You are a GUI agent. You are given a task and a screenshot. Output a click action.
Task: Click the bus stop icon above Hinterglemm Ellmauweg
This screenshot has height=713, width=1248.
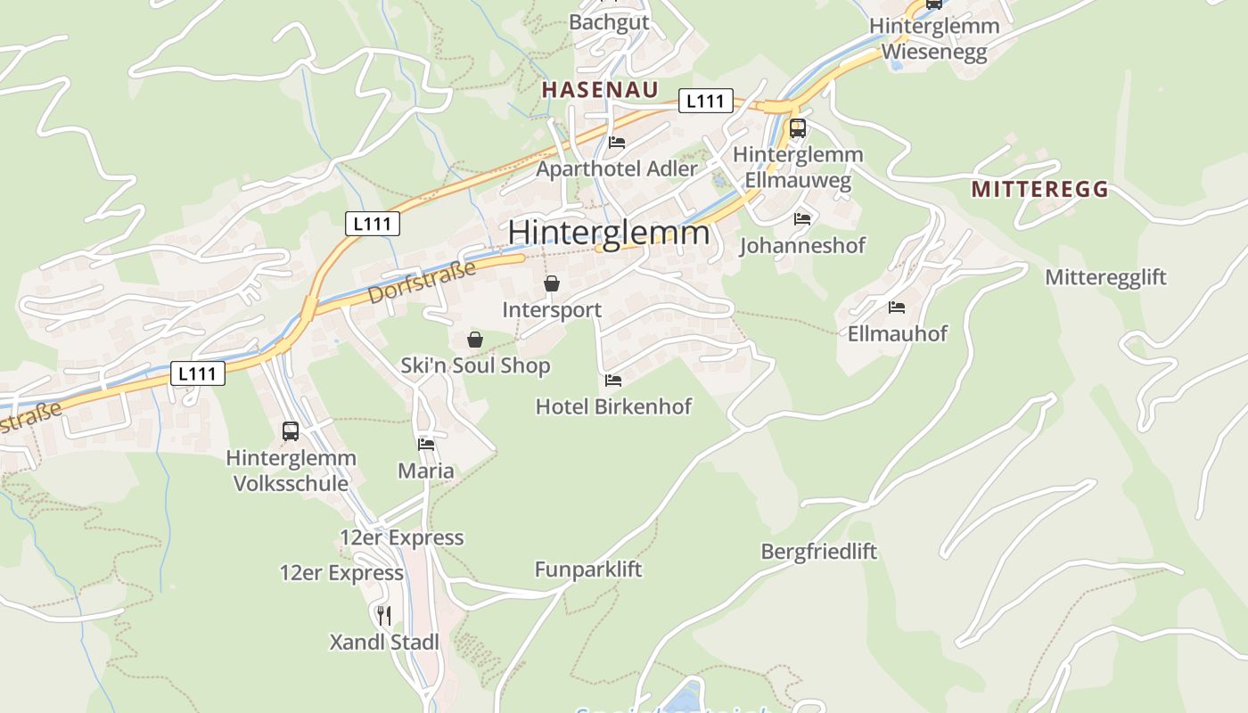coord(797,127)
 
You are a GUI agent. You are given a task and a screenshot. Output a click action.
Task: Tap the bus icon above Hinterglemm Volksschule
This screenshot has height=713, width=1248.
coord(291,431)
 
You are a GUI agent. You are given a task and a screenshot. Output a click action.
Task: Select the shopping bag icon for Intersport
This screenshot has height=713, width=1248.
coord(552,283)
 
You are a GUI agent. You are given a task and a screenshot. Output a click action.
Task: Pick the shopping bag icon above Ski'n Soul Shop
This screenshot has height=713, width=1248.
coord(475,339)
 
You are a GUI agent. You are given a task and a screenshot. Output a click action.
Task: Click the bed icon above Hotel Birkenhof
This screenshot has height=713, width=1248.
coord(613,381)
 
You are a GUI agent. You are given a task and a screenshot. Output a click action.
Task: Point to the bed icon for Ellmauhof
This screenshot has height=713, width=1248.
coord(897,307)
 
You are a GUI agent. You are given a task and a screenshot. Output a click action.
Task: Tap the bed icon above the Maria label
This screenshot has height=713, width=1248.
coord(426,444)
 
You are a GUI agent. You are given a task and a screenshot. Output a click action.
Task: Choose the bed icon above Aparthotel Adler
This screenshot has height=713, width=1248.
coord(616,142)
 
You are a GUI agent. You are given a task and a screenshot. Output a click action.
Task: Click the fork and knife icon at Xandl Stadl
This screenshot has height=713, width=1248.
coord(384,615)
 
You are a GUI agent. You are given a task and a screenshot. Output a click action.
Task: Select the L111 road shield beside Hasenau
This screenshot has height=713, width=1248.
coord(705,101)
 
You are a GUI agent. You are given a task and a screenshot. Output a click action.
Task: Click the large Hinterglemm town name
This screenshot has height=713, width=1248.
coord(609,233)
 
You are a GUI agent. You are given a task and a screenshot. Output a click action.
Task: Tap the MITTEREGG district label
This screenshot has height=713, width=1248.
coord(1039,189)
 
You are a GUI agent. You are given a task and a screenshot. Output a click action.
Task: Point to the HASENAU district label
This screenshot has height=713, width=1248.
coord(600,89)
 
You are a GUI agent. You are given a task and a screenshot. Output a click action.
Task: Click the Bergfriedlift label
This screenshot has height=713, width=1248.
coord(818,551)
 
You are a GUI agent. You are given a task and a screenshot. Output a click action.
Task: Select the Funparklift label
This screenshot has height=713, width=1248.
coord(587,569)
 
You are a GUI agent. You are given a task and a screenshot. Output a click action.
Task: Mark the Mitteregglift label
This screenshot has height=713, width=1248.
coord(1105,276)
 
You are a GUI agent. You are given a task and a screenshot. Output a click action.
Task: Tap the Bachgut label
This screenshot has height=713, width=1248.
coord(609,22)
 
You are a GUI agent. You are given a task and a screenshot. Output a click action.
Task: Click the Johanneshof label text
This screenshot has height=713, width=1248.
coord(802,245)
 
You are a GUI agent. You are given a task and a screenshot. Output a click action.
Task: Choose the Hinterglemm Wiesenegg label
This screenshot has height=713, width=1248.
coord(934,39)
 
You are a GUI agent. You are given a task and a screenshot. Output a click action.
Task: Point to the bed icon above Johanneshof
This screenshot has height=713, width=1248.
coord(802,218)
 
